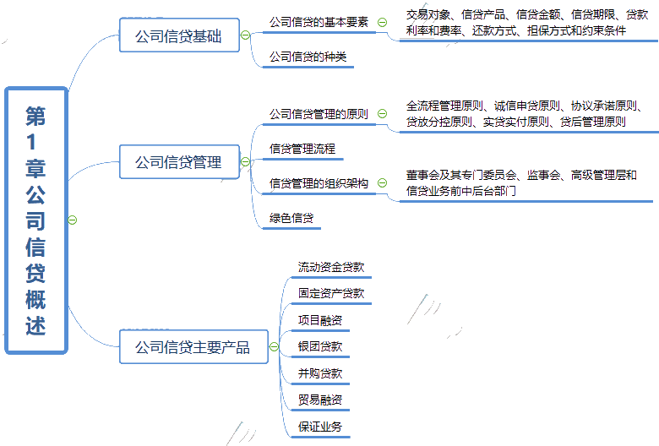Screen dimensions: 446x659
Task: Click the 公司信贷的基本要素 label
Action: click(x=319, y=22)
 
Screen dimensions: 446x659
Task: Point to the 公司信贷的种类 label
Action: click(x=308, y=57)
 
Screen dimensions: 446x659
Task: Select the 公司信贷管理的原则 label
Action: click(x=319, y=113)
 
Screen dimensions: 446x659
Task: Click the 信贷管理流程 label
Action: click(x=302, y=149)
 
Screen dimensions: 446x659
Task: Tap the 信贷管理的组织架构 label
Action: click(x=319, y=182)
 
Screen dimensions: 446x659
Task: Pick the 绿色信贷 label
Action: click(x=291, y=218)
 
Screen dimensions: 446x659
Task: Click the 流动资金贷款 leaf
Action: click(x=331, y=268)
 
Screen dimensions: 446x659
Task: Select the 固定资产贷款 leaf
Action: click(x=331, y=294)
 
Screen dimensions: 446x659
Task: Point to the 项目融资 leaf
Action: click(x=320, y=320)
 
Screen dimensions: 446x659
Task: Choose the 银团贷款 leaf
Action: click(x=320, y=346)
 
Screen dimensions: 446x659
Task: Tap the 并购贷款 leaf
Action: click(x=320, y=373)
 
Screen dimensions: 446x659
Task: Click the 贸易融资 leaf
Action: click(x=320, y=400)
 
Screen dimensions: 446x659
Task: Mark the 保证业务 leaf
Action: click(x=320, y=427)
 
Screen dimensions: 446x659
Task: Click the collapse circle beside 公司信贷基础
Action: click(x=245, y=35)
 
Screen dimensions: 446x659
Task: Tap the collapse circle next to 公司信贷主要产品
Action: click(x=273, y=346)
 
